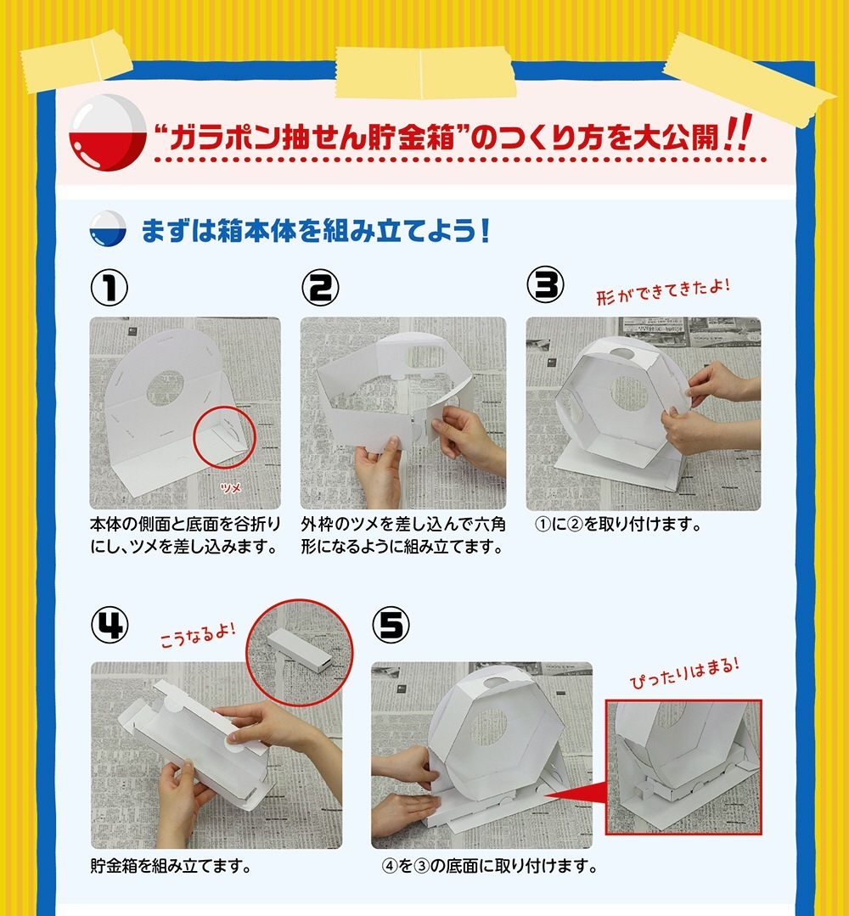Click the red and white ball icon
coord(108,132)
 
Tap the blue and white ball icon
coord(108,228)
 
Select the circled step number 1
coord(110,288)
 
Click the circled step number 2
coord(320,288)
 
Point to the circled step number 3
coord(545,285)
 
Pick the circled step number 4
coord(110,625)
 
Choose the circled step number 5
coord(391,625)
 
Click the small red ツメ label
coord(231,487)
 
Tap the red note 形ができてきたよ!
coord(663,291)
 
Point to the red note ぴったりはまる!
coord(684,673)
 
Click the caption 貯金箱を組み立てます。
coord(171,865)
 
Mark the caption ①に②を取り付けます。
coord(618,524)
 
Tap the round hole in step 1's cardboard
coord(166,388)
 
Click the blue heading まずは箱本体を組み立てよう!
coord(316,231)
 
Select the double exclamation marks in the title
coord(737,132)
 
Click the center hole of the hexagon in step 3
coord(629,392)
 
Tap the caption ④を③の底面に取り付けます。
coord(489,865)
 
